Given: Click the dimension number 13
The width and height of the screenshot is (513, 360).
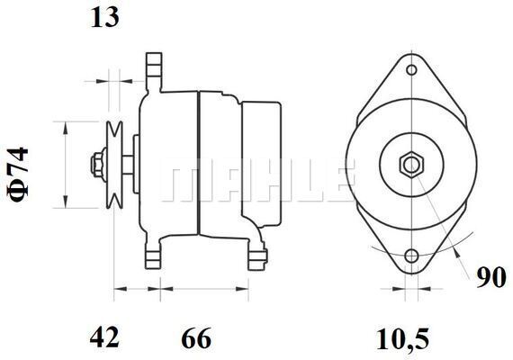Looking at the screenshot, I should click(103, 18).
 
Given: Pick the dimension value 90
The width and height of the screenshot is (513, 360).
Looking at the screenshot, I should click(490, 279).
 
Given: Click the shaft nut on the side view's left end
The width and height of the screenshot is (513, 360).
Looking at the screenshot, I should click(94, 165).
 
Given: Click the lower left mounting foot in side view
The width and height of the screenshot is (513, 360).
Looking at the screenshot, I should click(155, 256).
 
